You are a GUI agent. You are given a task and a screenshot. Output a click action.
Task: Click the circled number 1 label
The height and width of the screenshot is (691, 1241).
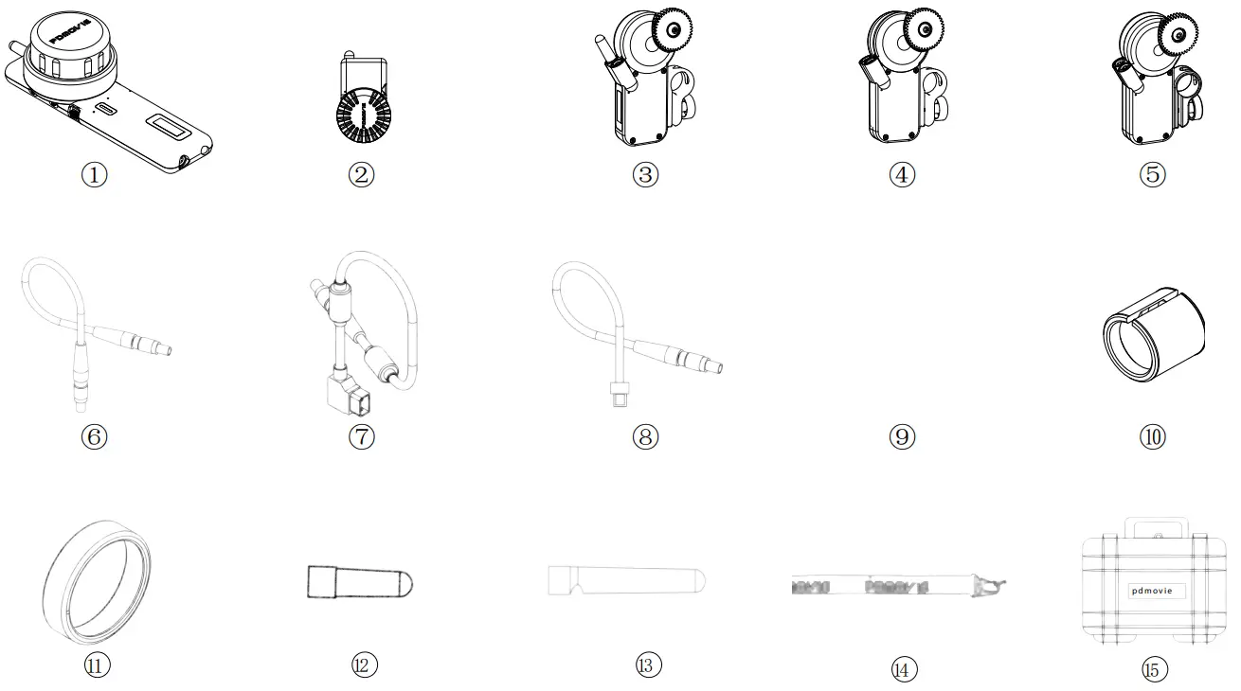click(95, 174)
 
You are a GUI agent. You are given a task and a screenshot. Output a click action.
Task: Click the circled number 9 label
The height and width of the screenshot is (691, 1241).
click(902, 436)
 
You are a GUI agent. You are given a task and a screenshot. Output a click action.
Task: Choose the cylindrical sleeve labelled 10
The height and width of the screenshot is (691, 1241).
click(1153, 335)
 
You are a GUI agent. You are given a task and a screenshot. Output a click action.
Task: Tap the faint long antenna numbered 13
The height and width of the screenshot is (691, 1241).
click(628, 580)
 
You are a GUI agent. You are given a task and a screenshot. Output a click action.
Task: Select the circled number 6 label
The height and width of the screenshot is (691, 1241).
click(95, 436)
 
